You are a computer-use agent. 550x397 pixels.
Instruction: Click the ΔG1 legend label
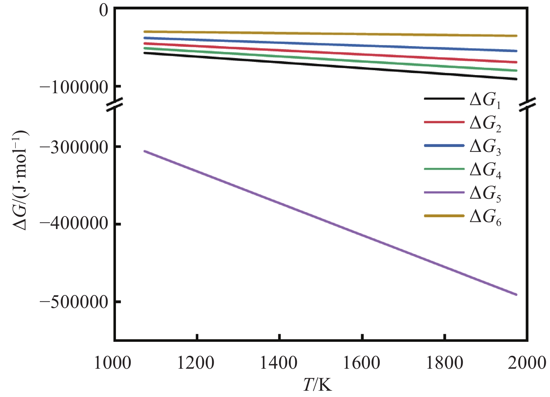tap(485, 101)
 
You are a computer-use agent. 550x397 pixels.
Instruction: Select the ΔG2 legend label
tap(485, 124)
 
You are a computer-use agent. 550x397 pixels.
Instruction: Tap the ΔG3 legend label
tap(485, 147)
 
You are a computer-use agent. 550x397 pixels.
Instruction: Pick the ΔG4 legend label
tap(485, 171)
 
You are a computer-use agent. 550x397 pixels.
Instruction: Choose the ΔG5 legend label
tap(485, 194)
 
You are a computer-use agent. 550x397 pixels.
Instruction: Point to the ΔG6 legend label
tap(485, 218)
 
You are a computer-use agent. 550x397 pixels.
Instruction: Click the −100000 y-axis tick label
tap(74, 87)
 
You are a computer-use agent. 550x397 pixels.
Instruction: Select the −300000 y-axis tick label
tap(74, 147)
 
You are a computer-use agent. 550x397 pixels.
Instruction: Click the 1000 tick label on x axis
tap(113, 363)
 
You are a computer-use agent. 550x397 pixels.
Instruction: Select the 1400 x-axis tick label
tap(279, 363)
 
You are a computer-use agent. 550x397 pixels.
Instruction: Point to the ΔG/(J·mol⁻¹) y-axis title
tap(21, 180)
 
